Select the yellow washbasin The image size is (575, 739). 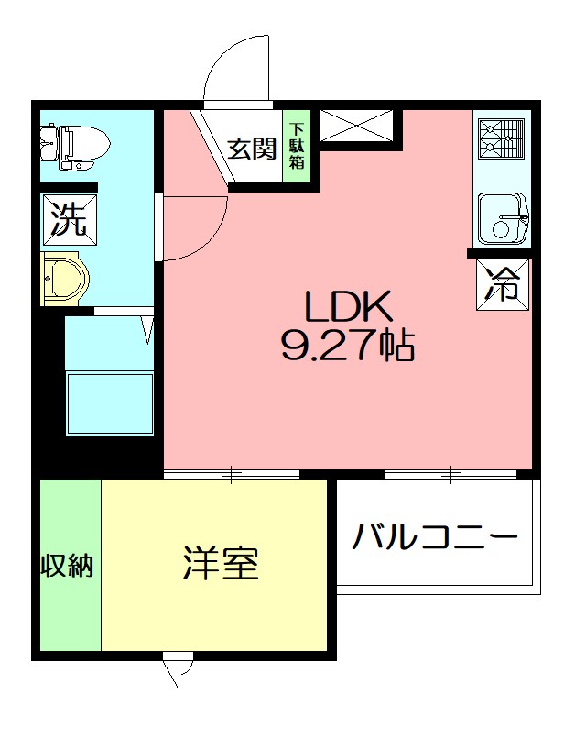(x=64, y=278)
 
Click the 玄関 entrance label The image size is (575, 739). (x=252, y=148)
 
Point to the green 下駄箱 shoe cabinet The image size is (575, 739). (x=298, y=147)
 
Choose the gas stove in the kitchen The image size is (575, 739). (x=501, y=138)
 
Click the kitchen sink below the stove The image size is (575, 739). (x=501, y=217)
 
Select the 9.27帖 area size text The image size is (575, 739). (x=348, y=346)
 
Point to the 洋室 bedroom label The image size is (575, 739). (x=220, y=563)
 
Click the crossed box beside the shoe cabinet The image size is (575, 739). (x=357, y=126)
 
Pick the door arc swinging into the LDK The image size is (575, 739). (x=194, y=229)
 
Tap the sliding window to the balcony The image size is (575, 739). (x=451, y=474)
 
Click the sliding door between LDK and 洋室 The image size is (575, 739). (x=231, y=474)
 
